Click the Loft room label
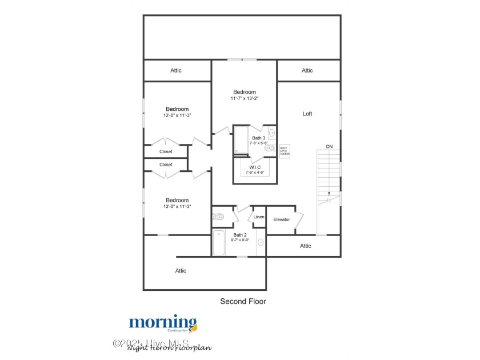click(307, 114)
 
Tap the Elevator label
click(282, 219)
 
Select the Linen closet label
click(259, 217)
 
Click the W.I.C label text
click(255, 167)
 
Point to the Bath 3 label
click(259, 138)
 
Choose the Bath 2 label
click(240, 235)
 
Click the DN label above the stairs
click(329, 147)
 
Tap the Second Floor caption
click(243, 301)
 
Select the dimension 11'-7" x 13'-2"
click(245, 98)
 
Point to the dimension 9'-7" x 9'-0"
click(240, 240)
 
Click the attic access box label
click(285, 151)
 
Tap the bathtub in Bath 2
click(219, 243)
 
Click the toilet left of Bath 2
click(218, 217)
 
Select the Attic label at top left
click(176, 70)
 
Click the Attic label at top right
click(307, 70)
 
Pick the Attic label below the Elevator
click(306, 246)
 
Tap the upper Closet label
click(166, 151)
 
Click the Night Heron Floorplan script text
click(169, 347)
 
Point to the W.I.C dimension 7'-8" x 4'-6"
click(255, 172)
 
